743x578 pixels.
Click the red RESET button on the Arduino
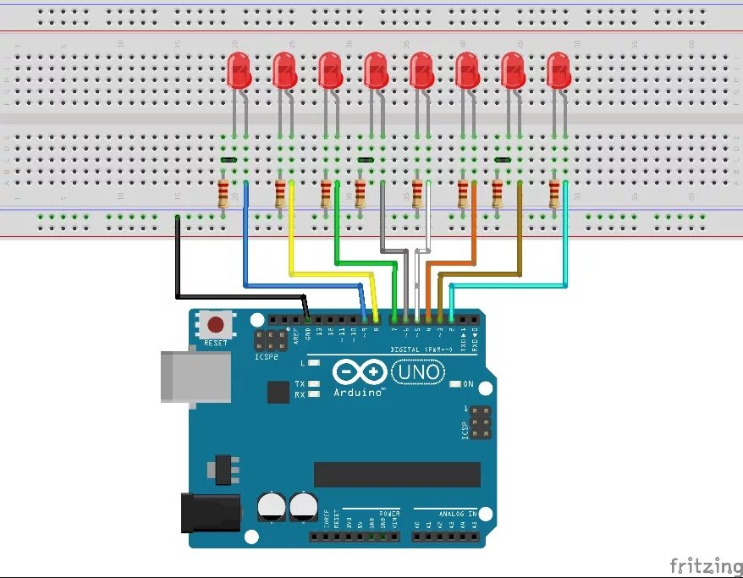(x=217, y=324)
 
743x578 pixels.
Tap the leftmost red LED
(x=239, y=71)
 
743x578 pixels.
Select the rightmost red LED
(x=558, y=71)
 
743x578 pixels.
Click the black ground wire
(x=177, y=262)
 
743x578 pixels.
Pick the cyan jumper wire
(x=566, y=254)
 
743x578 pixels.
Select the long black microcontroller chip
(x=397, y=475)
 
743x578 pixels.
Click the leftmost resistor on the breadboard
(x=223, y=194)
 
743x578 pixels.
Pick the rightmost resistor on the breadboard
(x=554, y=194)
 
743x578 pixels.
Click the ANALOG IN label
(x=457, y=513)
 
